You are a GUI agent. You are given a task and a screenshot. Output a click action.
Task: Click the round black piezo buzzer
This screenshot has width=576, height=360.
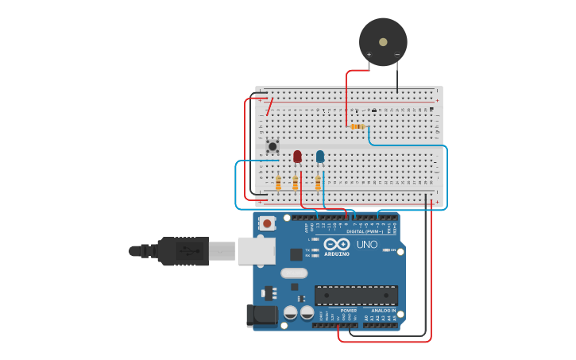tap(383, 41)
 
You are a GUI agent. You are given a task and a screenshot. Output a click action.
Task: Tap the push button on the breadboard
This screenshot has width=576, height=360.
tap(273, 146)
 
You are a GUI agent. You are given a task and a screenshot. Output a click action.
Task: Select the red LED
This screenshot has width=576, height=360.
tap(297, 157)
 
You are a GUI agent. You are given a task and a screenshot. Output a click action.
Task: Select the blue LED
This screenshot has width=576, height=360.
tap(320, 157)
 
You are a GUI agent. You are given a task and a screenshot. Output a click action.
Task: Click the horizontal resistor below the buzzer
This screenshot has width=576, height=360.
tap(358, 126)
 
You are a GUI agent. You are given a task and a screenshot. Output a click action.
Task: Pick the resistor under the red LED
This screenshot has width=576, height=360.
tap(296, 184)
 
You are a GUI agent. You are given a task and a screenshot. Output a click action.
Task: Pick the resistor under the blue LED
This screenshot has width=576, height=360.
tap(318, 184)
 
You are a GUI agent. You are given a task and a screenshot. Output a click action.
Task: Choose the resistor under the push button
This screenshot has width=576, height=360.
tap(278, 184)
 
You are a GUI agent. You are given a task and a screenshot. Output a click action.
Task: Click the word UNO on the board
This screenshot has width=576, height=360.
tap(367, 244)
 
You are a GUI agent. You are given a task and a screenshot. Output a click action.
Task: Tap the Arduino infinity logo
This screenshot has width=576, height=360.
tap(337, 244)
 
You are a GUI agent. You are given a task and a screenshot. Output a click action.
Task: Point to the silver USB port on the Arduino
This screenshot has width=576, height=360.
tap(256, 251)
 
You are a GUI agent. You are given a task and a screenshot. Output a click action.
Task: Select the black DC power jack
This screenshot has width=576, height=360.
tap(262, 315)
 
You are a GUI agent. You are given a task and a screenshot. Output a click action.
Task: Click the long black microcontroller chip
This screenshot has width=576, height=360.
tap(356, 296)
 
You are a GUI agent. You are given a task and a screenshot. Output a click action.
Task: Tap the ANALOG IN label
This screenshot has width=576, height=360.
tap(383, 311)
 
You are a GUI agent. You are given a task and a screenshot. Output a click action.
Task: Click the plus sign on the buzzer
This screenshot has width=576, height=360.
tap(369, 55)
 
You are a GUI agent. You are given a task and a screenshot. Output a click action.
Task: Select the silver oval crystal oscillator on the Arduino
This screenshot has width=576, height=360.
tap(294, 273)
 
